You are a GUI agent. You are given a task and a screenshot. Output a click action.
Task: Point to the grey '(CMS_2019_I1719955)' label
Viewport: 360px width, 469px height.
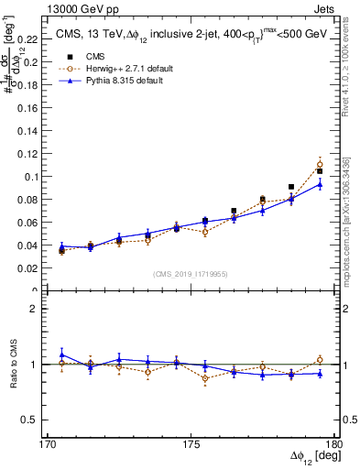click(x=191, y=274)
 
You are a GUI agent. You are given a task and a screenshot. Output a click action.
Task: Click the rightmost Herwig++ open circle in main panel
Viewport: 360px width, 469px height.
click(x=320, y=165)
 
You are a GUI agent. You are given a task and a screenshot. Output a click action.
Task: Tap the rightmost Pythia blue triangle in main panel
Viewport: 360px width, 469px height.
click(x=320, y=184)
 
